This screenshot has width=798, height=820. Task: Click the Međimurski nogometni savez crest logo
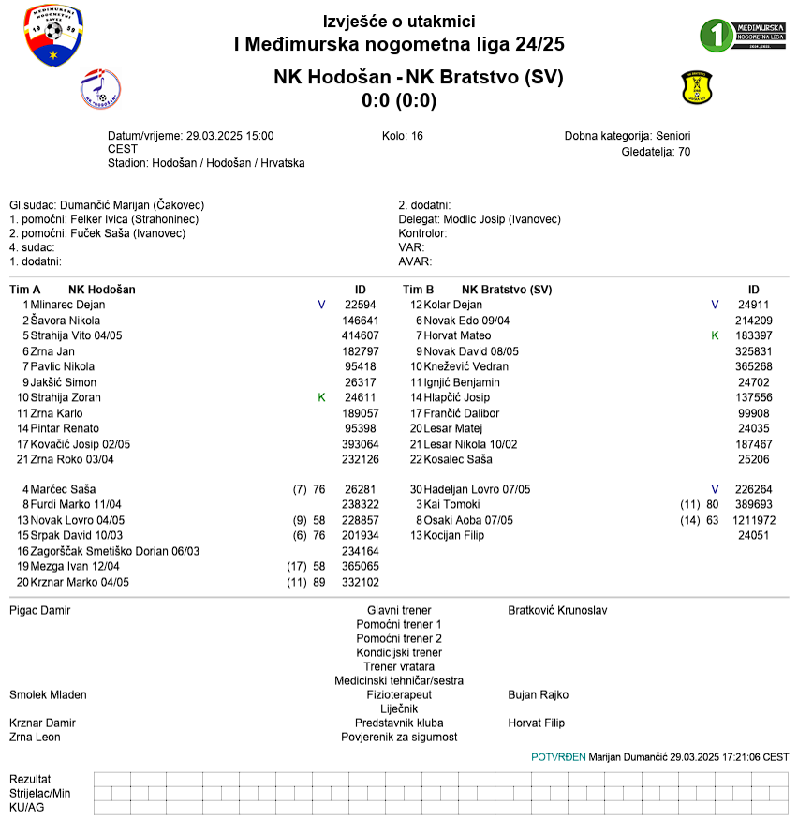(x=53, y=37)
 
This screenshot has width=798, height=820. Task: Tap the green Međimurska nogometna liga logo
(x=743, y=35)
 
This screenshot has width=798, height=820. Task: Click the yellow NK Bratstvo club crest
(x=697, y=88)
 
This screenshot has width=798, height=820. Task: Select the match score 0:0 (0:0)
(x=399, y=100)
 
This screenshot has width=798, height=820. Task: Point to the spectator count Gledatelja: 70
(x=656, y=151)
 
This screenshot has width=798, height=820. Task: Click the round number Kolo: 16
(x=403, y=136)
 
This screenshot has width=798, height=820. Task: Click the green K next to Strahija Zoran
(x=322, y=397)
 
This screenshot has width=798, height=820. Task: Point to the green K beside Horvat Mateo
(x=715, y=335)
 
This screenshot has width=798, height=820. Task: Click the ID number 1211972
(x=754, y=520)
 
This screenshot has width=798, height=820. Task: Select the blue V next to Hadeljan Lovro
(x=715, y=489)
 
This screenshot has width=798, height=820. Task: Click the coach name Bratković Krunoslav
(x=557, y=610)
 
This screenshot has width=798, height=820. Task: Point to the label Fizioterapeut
(x=399, y=695)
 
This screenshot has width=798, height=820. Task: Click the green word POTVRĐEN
(x=558, y=756)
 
